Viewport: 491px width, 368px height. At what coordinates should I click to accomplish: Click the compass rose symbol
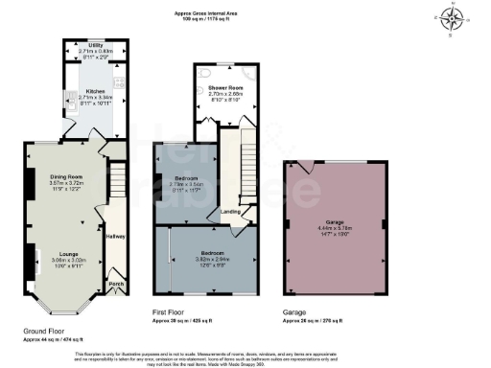452,16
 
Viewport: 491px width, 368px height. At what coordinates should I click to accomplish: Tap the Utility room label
96,44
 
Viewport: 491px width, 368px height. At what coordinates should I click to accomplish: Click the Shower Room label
224,87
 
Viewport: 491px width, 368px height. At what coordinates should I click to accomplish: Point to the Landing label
230,212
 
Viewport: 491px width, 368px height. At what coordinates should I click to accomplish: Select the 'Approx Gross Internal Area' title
245,13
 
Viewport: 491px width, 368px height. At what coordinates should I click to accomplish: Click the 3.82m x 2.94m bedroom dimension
208,260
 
